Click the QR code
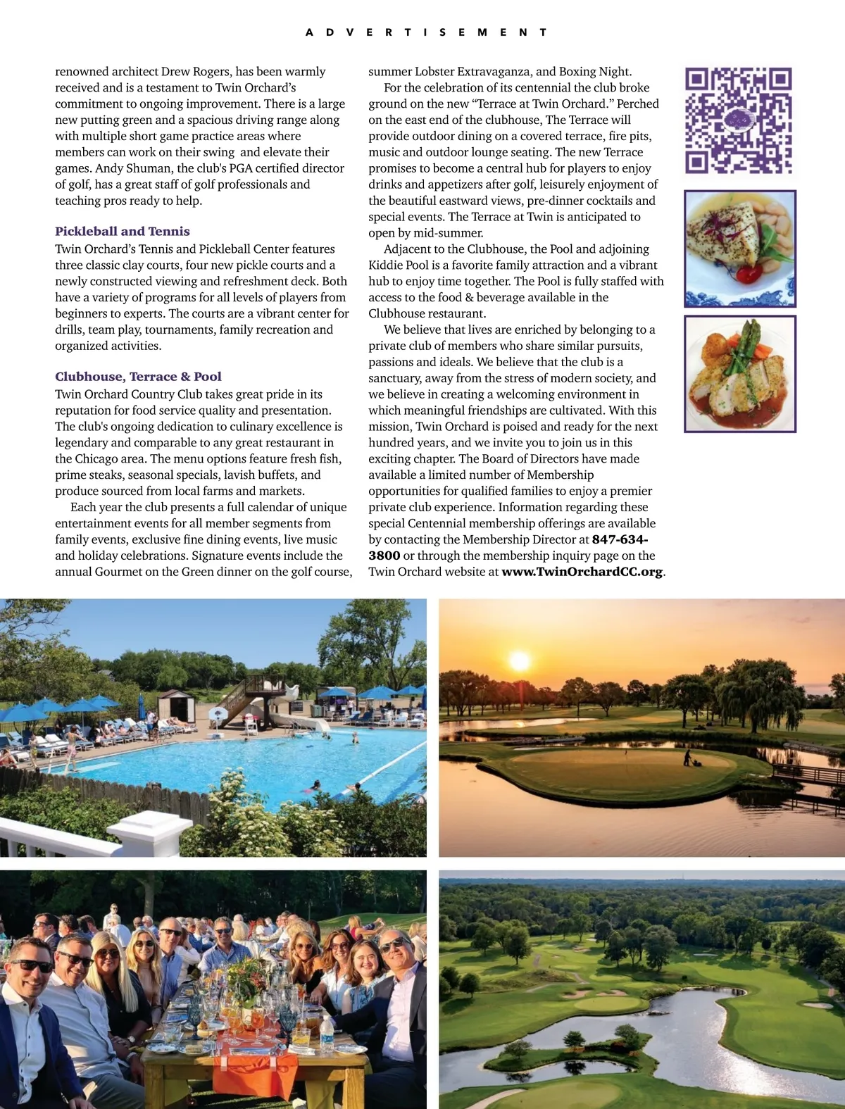(x=739, y=120)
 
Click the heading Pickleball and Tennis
(x=123, y=231)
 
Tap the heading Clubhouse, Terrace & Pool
(x=138, y=377)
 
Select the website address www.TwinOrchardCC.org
(x=582, y=572)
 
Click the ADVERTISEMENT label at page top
(x=426, y=32)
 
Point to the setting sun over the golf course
(x=519, y=661)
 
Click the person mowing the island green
(x=687, y=758)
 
